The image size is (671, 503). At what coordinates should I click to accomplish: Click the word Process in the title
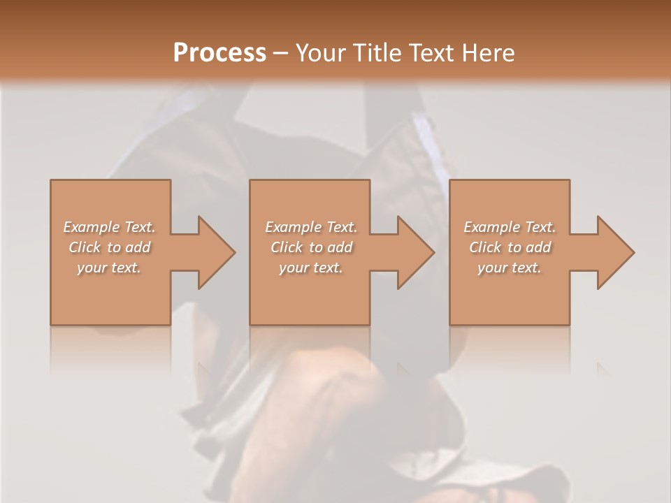click(x=219, y=53)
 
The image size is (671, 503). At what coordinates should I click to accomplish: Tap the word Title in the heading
click(x=375, y=53)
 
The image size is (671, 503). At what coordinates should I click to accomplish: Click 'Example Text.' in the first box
click(x=110, y=227)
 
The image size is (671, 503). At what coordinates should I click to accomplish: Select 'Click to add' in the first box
click(x=110, y=247)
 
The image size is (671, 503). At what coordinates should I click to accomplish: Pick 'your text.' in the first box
click(x=110, y=268)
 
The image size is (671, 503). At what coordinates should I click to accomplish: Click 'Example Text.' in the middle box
click(x=311, y=227)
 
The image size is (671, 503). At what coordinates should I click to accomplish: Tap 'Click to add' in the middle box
click(x=311, y=247)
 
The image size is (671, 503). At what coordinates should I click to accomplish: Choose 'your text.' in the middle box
click(x=311, y=268)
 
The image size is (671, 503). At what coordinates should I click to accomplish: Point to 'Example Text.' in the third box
click(x=510, y=227)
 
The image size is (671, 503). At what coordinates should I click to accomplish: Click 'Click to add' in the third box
click(x=510, y=247)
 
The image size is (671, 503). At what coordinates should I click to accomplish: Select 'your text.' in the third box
click(x=510, y=268)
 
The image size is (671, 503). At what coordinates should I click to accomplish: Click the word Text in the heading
click(x=432, y=53)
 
